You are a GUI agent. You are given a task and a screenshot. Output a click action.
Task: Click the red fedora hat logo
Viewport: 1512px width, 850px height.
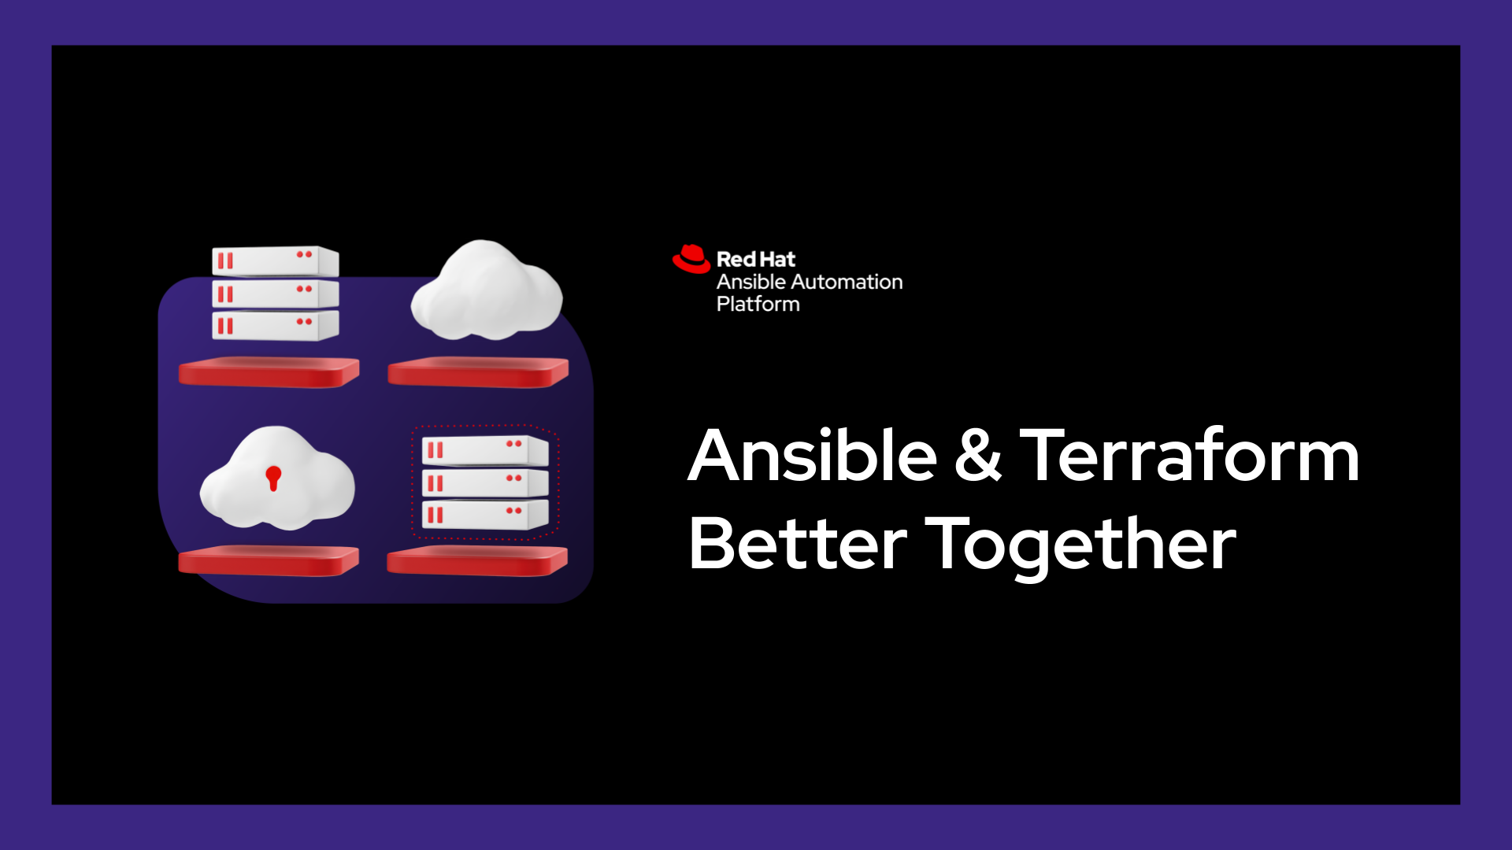pyautogui.click(x=691, y=259)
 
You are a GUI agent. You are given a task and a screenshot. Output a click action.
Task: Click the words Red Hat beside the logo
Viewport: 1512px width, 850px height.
pyautogui.click(x=756, y=259)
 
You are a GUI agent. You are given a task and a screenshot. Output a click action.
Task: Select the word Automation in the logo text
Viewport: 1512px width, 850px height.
pyautogui.click(x=847, y=282)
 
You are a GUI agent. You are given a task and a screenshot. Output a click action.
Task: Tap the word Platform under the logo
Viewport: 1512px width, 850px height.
pyautogui.click(x=758, y=304)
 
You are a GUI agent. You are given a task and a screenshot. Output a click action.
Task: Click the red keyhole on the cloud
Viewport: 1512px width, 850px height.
pyautogui.click(x=273, y=478)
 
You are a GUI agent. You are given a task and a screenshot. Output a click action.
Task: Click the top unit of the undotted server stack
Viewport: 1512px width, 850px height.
pyautogui.click(x=275, y=261)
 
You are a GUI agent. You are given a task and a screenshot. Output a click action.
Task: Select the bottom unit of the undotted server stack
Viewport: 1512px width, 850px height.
pyautogui.click(x=275, y=325)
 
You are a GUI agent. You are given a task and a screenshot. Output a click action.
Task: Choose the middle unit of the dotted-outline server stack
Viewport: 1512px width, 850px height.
pyautogui.click(x=485, y=482)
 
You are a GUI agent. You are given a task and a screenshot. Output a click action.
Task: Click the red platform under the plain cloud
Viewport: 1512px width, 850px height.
pyautogui.click(x=478, y=372)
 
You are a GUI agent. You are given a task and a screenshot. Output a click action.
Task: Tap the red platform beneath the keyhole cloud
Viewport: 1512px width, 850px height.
pyautogui.click(x=269, y=560)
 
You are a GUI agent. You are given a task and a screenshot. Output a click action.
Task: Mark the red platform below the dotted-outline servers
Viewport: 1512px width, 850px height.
pyautogui.click(x=477, y=560)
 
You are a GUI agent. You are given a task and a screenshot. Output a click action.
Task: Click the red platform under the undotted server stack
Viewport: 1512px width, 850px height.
pyautogui.click(x=269, y=372)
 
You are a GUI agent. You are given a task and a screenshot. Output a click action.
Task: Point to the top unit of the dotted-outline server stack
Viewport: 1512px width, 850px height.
pyautogui.click(x=485, y=450)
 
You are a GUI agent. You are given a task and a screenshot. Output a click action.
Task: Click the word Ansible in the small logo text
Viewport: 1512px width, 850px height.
pyautogui.click(x=751, y=282)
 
